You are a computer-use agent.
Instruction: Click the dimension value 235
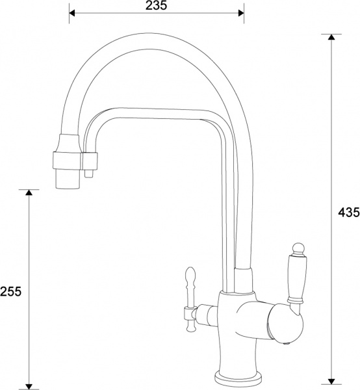point(157,6)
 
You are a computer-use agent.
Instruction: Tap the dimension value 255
point(11,292)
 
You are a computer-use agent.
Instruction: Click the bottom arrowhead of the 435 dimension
point(332,382)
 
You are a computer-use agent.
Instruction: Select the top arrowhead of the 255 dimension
point(28,193)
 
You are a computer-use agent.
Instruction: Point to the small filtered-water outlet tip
point(89,174)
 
